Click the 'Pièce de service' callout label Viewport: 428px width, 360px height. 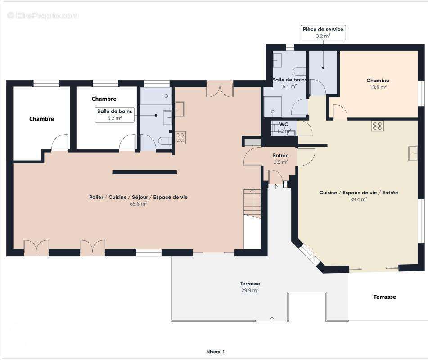click(x=323, y=32)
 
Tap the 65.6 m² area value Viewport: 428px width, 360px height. click(x=138, y=203)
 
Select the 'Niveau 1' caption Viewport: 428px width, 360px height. click(x=216, y=352)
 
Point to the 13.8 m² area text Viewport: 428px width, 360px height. click(x=378, y=87)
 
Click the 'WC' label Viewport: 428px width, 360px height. click(x=284, y=124)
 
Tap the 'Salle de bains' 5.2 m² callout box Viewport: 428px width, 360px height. click(x=115, y=115)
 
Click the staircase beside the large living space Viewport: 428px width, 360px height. click(x=252, y=204)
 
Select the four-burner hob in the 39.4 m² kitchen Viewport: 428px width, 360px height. click(x=378, y=126)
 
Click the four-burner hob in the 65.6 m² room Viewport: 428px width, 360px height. click(x=180, y=138)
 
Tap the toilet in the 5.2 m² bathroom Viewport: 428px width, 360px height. click(x=165, y=141)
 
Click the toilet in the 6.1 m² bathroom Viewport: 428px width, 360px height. click(x=299, y=72)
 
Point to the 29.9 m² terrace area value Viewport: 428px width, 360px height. click(x=250, y=290)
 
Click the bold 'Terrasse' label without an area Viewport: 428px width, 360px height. click(x=384, y=297)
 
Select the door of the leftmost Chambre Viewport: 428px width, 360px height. click(x=59, y=143)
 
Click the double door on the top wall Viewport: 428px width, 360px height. click(x=220, y=89)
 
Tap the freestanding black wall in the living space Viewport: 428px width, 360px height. click(x=144, y=172)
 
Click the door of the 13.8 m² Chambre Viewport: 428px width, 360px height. click(x=340, y=112)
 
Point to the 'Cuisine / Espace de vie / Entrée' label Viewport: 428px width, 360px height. click(x=358, y=193)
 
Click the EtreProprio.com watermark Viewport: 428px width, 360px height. click(x=43, y=16)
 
